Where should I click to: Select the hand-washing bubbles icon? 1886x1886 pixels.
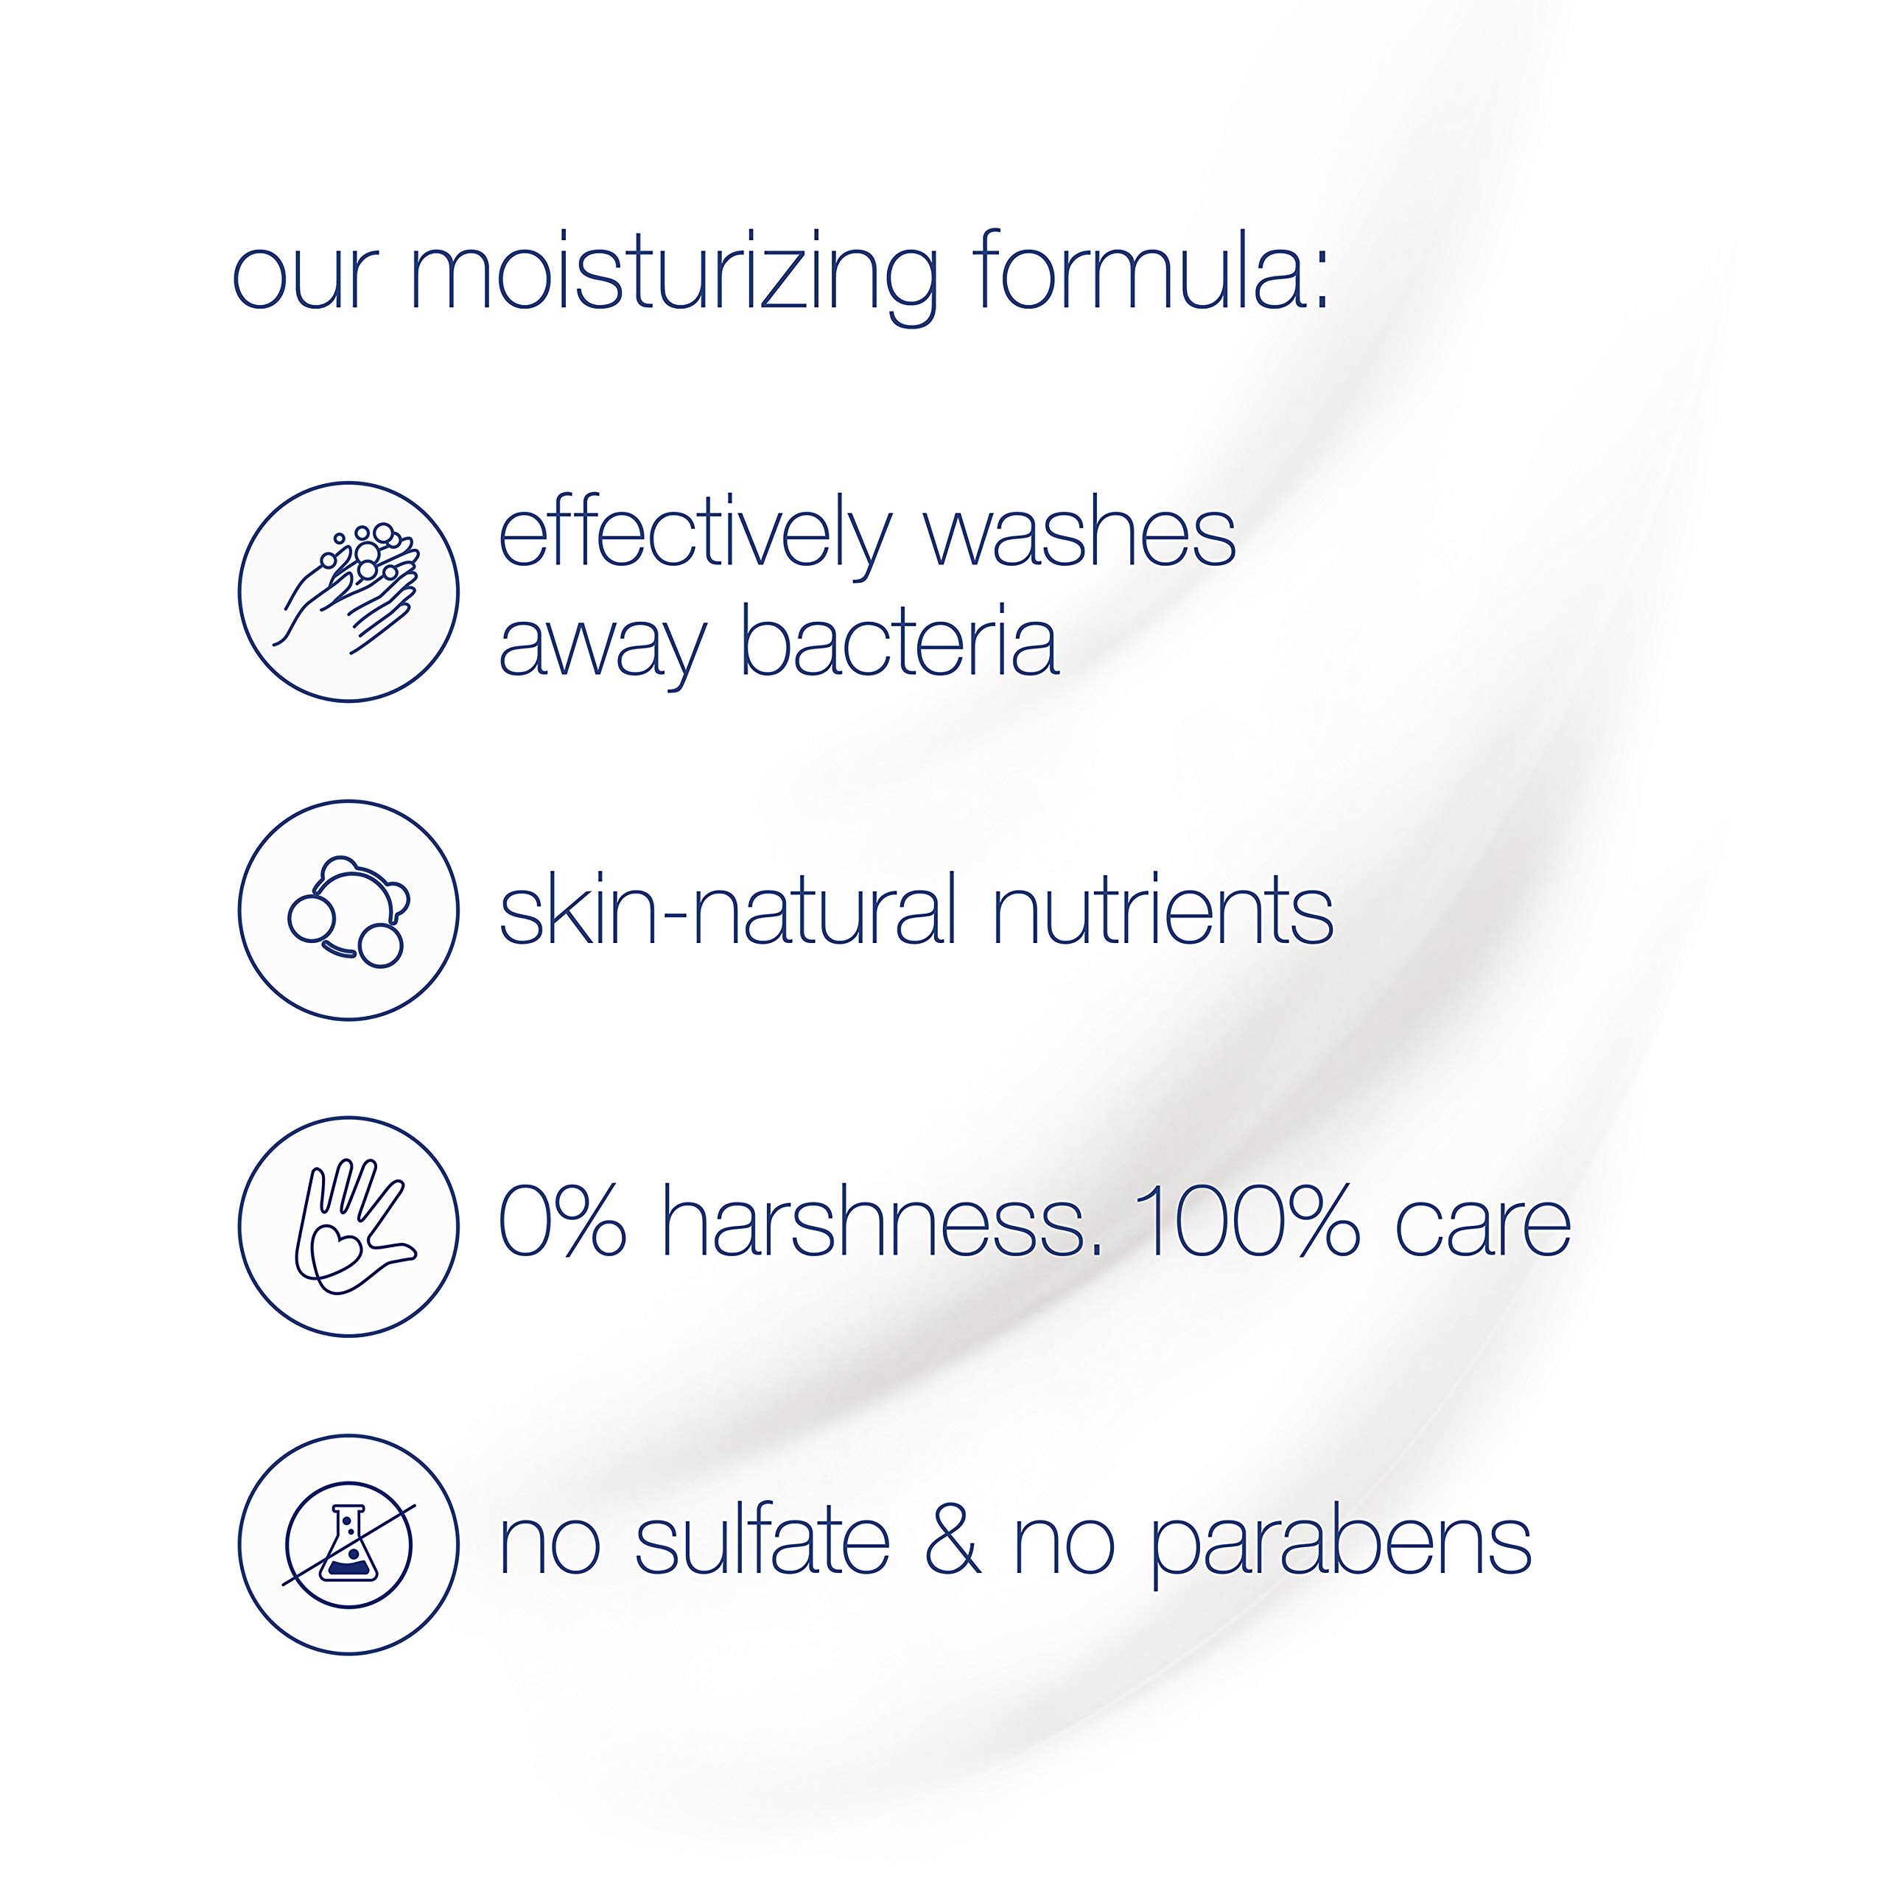pyautogui.click(x=348, y=592)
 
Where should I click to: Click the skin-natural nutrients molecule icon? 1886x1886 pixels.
pyautogui.click(x=348, y=911)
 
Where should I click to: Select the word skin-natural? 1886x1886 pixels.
pyautogui.click(x=727, y=911)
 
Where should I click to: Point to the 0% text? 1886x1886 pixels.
pyautogui.click(x=561, y=1223)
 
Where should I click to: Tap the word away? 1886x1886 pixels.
pyautogui.click(x=601, y=645)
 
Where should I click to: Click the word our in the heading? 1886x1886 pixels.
pyautogui.click(x=304, y=277)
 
